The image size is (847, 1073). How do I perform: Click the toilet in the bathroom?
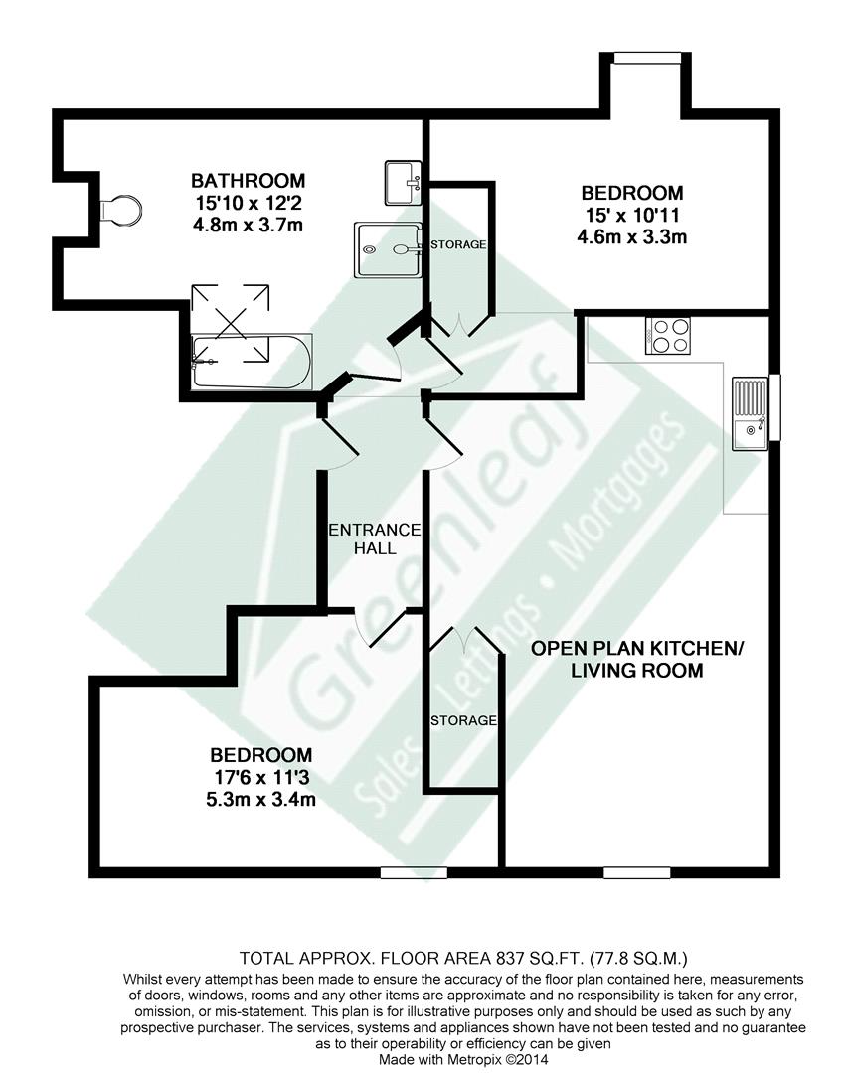[x=120, y=209]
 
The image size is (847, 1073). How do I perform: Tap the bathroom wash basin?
[x=404, y=183]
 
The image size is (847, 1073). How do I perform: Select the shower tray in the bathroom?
[x=387, y=249]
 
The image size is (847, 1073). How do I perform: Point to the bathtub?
[x=252, y=362]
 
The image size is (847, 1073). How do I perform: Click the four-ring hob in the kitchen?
[x=668, y=336]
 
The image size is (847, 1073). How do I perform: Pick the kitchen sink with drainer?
[x=751, y=413]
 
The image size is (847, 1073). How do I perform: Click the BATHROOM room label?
[x=248, y=181]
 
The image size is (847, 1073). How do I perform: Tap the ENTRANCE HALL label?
[x=375, y=538]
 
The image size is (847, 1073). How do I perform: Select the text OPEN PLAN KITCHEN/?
[x=637, y=648]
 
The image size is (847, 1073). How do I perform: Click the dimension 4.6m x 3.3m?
[x=632, y=237]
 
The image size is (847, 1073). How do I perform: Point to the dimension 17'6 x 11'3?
[x=260, y=777]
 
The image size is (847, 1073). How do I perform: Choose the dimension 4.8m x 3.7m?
[x=248, y=226]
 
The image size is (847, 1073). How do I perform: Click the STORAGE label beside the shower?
[x=458, y=244]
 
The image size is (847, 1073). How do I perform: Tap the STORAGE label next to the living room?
[x=463, y=720]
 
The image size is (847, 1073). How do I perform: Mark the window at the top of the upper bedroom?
[x=647, y=59]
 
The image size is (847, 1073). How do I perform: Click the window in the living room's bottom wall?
[x=637, y=872]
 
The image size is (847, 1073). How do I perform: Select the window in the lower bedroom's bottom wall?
[x=414, y=872]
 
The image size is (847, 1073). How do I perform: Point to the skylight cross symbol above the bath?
[x=230, y=322]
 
